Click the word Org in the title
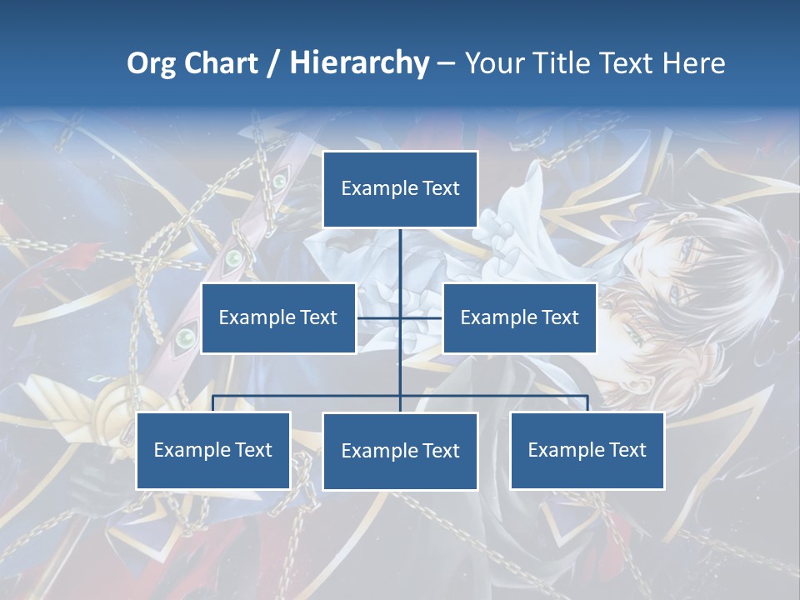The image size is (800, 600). coord(151,63)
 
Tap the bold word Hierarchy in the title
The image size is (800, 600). coord(358,63)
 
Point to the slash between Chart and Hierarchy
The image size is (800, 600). coord(274,63)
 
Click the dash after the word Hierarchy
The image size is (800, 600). coord(446,64)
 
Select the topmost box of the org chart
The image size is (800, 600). coord(400,188)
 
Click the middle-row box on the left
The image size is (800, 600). coord(278,317)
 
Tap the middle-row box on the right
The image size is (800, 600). coord(519,317)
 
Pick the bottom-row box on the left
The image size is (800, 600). coord(213,450)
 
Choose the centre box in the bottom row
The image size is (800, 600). coord(400,451)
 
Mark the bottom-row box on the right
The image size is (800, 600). coord(587,450)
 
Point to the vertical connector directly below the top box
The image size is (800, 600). coord(400,258)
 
